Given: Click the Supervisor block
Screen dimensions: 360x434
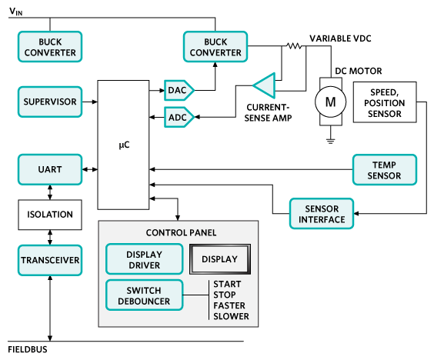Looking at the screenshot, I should tap(49, 102).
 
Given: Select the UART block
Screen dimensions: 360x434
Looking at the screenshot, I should tap(49, 168).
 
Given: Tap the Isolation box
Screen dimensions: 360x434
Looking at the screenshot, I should tap(49, 215).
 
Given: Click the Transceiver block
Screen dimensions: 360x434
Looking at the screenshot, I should tap(49, 260).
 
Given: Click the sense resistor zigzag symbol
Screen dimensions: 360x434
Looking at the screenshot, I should tap(292, 46).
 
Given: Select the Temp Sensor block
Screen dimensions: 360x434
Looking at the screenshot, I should tap(385, 169).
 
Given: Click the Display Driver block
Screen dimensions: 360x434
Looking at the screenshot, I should tap(144, 259).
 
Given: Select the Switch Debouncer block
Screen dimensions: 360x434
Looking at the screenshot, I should tap(144, 294).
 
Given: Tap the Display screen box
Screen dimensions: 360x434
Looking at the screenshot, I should tap(220, 259).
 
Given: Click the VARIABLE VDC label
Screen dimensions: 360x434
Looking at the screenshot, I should tap(342, 38).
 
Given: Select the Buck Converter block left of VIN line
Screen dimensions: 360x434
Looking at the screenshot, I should tap(49, 47).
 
